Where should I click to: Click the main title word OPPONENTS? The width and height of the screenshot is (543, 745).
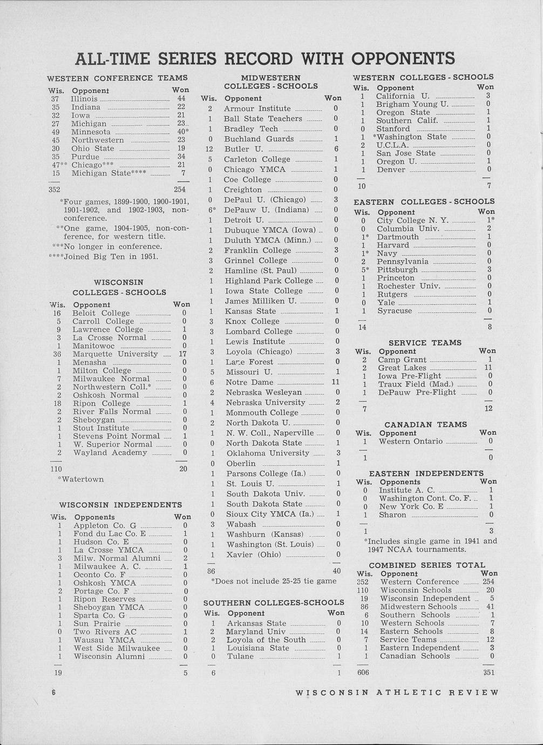pyautogui.click(x=403, y=58)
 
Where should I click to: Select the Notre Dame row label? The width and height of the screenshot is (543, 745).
pyautogui.click(x=249, y=382)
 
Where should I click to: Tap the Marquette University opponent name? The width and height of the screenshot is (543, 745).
pyautogui.click(x=115, y=354)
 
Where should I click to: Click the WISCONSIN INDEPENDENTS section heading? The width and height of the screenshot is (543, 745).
pyautogui.click(x=120, y=505)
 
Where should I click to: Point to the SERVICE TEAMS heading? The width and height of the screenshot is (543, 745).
pyautogui.click(x=425, y=342)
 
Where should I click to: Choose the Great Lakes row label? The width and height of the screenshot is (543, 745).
pyautogui.click(x=402, y=368)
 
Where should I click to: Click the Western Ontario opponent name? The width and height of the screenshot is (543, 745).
pyautogui.click(x=410, y=441)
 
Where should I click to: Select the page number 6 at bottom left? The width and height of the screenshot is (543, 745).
pyautogui.click(x=54, y=692)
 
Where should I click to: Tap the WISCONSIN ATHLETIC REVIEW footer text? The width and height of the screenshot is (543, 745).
pyautogui.click(x=397, y=693)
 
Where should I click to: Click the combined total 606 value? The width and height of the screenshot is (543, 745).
pyautogui.click(x=363, y=672)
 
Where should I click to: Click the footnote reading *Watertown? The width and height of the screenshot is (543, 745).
pyautogui.click(x=80, y=479)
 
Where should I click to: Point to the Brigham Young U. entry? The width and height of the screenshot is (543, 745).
pyautogui.click(x=412, y=104)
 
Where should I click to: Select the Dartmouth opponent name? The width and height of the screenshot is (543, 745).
pyautogui.click(x=398, y=237)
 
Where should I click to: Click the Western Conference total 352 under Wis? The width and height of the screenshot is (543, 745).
pyautogui.click(x=54, y=189)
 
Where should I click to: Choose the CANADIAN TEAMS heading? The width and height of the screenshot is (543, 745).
pyautogui.click(x=425, y=424)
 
